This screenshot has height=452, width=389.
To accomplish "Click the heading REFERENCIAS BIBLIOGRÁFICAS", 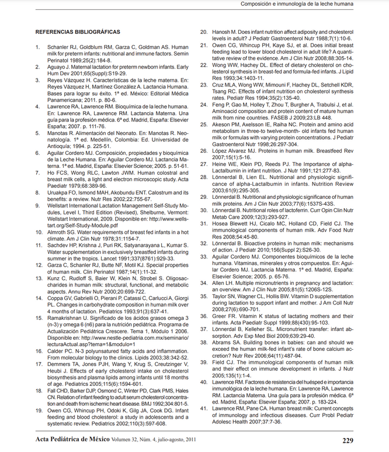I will [x=78, y=32].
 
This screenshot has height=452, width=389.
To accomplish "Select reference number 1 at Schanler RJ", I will [x=38, y=47].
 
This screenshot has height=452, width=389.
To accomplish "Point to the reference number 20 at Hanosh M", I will [x=204, y=32].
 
